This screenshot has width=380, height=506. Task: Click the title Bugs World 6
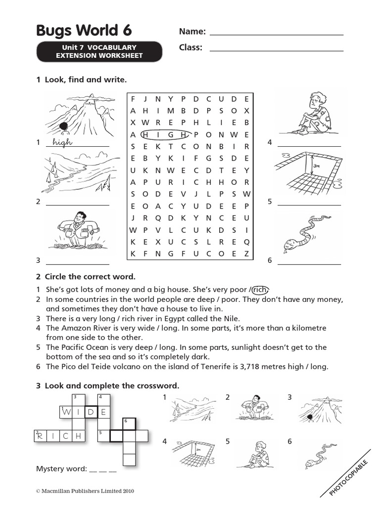[x=84, y=31]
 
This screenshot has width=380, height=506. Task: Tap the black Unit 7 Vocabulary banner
[x=99, y=51]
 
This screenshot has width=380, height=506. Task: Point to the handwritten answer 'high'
[x=62, y=143]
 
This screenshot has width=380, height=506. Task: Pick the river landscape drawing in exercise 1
[x=79, y=172]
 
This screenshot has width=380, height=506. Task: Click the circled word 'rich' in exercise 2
[x=262, y=290]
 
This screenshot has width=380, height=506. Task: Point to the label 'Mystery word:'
[x=61, y=468]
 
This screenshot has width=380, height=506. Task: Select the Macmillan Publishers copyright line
[x=85, y=491]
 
